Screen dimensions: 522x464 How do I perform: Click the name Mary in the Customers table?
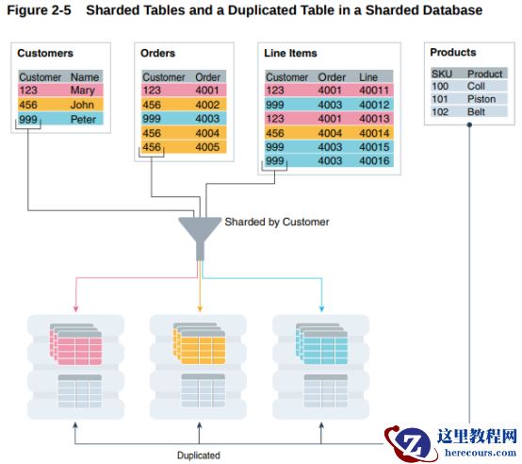click(x=83, y=91)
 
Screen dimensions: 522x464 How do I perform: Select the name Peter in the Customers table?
click(x=83, y=119)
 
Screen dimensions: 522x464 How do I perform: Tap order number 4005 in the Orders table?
click(x=207, y=147)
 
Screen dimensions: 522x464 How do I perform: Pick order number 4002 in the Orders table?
click(x=207, y=105)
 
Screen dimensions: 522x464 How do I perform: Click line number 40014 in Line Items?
click(x=374, y=133)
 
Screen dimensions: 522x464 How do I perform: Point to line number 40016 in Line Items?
click(x=374, y=161)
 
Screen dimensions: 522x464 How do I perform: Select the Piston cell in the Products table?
click(x=481, y=99)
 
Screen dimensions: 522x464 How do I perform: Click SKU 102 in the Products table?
click(x=440, y=112)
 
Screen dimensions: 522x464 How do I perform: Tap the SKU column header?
click(x=442, y=74)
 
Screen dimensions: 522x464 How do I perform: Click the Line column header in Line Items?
click(x=368, y=77)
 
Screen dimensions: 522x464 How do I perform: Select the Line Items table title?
click(x=290, y=53)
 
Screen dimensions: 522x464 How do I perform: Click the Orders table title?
click(x=157, y=53)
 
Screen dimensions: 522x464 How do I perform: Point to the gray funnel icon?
click(x=200, y=238)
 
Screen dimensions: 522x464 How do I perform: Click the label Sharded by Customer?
click(x=277, y=222)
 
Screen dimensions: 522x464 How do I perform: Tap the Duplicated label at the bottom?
click(x=199, y=456)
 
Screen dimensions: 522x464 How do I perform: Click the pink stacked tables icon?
click(x=76, y=344)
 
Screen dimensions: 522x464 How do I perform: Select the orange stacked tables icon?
click(x=199, y=343)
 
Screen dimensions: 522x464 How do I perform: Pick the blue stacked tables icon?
click(x=321, y=343)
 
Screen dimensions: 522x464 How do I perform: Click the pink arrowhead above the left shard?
click(x=76, y=308)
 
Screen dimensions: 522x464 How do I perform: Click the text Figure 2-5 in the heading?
click(x=39, y=10)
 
